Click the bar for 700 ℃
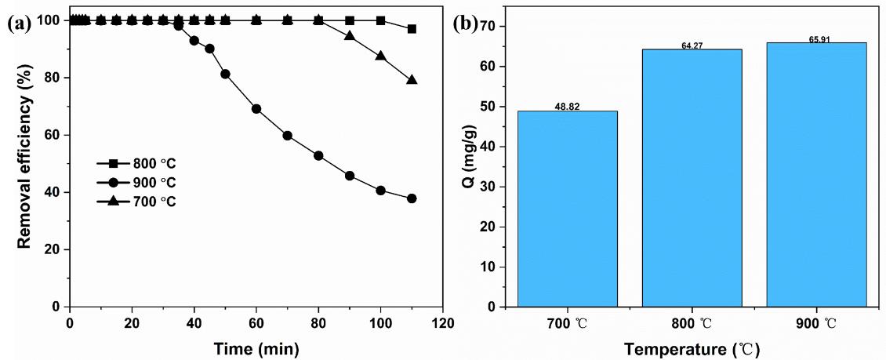(567, 209)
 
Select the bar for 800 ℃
(692, 178)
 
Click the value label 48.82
(567, 106)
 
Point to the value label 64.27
(692, 45)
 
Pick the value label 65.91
(816, 38)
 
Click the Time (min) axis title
(256, 346)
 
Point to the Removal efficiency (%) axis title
(24, 164)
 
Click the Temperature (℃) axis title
(692, 347)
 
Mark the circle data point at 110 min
(412, 198)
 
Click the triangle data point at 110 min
(412, 80)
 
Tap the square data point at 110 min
(412, 29)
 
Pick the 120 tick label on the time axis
(442, 322)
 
